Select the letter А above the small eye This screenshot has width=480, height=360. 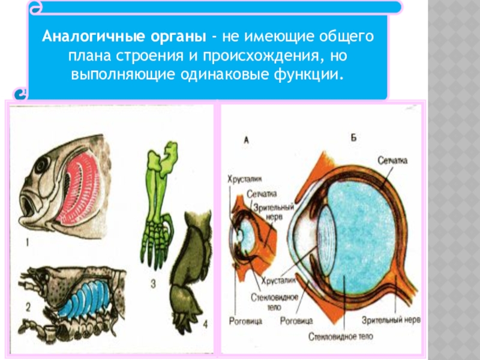point(247,140)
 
